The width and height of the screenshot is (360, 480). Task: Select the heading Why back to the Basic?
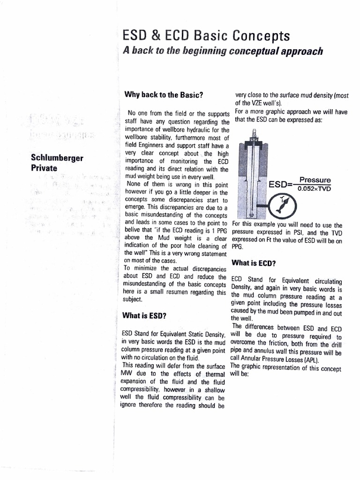(163, 94)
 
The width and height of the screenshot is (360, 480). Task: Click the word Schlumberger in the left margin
(57, 157)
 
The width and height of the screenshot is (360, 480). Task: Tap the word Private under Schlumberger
(44, 167)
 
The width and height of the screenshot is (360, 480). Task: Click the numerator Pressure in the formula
(315, 180)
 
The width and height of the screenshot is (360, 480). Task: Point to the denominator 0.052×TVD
(318, 189)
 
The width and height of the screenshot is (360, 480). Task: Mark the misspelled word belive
(133, 230)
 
